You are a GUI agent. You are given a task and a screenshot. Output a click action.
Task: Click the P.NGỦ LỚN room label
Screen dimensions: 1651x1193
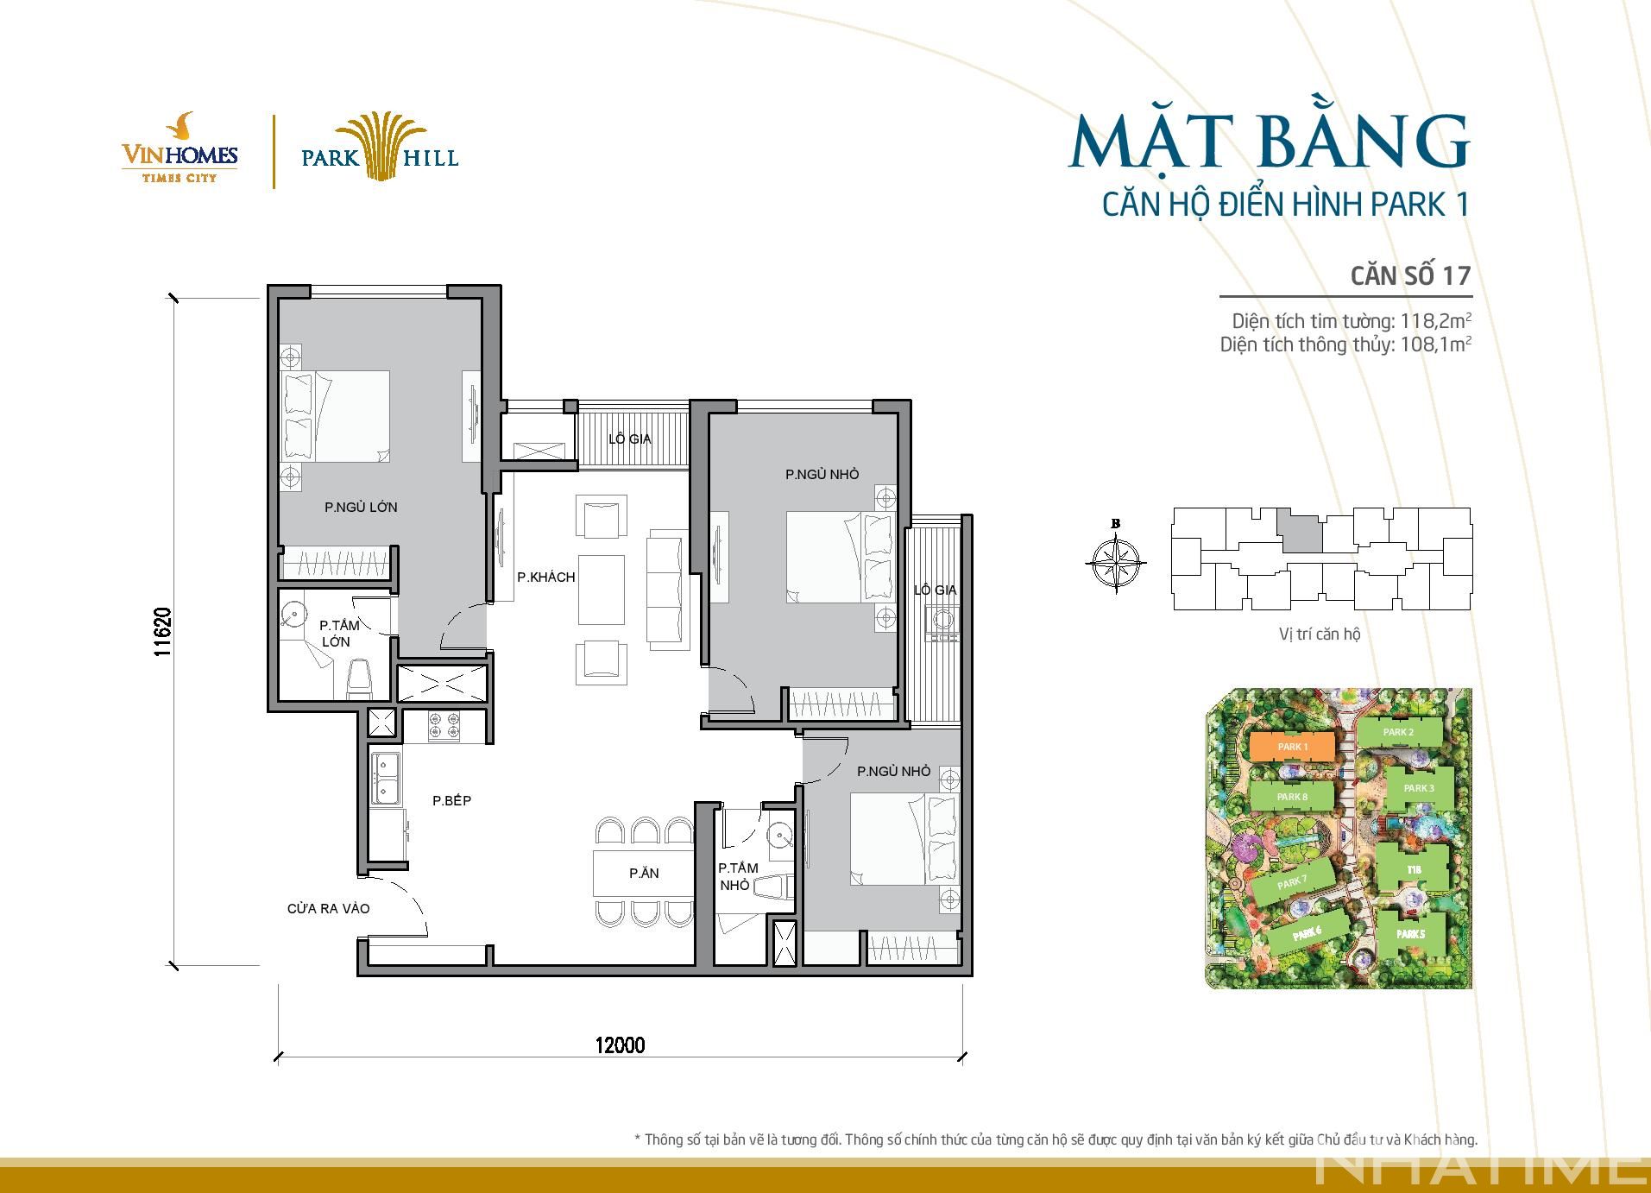tap(361, 508)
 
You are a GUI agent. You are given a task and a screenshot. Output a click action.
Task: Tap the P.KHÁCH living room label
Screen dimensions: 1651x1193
tap(545, 577)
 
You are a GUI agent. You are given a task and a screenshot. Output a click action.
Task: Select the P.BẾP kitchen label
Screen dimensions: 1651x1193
tap(451, 801)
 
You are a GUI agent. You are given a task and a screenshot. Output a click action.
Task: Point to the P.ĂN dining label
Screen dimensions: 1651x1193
tap(644, 874)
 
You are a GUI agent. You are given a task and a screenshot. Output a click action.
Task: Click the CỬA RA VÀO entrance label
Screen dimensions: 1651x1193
tap(329, 908)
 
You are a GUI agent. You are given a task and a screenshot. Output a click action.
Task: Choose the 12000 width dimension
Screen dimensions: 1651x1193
tap(620, 1045)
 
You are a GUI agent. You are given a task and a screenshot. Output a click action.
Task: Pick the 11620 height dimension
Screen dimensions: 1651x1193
tap(163, 632)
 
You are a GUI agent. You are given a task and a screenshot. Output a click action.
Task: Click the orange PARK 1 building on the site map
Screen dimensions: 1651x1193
tap(1293, 747)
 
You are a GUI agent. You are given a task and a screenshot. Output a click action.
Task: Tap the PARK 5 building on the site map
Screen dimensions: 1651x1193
tap(1410, 934)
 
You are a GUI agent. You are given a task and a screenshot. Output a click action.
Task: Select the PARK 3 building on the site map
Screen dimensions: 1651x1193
tap(1419, 788)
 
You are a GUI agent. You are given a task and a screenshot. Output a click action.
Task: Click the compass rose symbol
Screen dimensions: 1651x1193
tap(1116, 563)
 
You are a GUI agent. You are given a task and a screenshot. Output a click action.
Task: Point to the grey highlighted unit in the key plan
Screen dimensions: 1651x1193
tap(1300, 530)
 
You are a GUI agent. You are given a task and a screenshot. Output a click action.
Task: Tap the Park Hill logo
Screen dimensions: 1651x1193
tap(380, 147)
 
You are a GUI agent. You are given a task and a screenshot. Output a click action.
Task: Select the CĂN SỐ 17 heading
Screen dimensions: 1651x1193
tap(1410, 275)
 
